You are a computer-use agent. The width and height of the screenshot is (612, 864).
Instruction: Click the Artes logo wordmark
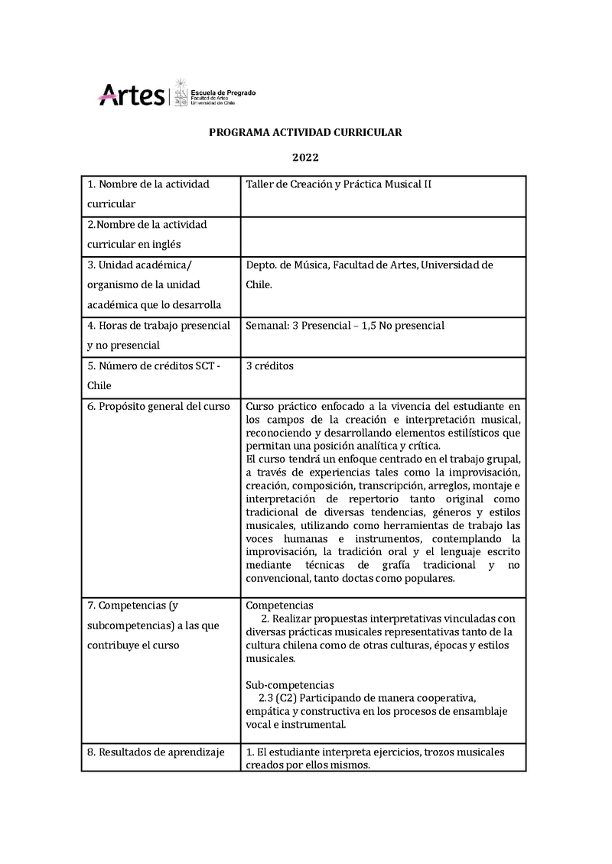(132, 96)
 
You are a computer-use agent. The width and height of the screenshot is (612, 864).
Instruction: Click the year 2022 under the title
(305, 158)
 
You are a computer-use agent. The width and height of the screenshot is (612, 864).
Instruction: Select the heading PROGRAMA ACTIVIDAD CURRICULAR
(305, 132)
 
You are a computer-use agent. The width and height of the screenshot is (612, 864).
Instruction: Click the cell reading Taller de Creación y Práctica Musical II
(339, 184)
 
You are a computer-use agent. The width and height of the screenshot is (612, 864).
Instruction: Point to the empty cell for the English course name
(382, 236)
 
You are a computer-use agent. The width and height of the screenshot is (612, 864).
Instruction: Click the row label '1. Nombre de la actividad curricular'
(148, 194)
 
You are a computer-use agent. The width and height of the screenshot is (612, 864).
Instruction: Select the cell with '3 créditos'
(270, 366)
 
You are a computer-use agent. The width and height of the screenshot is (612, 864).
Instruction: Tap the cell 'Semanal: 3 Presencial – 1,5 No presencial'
(345, 326)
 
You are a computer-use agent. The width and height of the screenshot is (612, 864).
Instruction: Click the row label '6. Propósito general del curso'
(158, 406)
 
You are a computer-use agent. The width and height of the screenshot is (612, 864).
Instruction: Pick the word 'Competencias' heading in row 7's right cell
(280, 605)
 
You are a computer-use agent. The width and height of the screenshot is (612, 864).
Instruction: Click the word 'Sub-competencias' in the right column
(290, 684)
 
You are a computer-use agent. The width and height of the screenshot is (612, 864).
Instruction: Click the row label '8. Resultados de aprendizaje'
(156, 752)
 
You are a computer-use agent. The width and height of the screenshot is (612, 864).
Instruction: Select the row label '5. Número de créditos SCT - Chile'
(153, 375)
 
